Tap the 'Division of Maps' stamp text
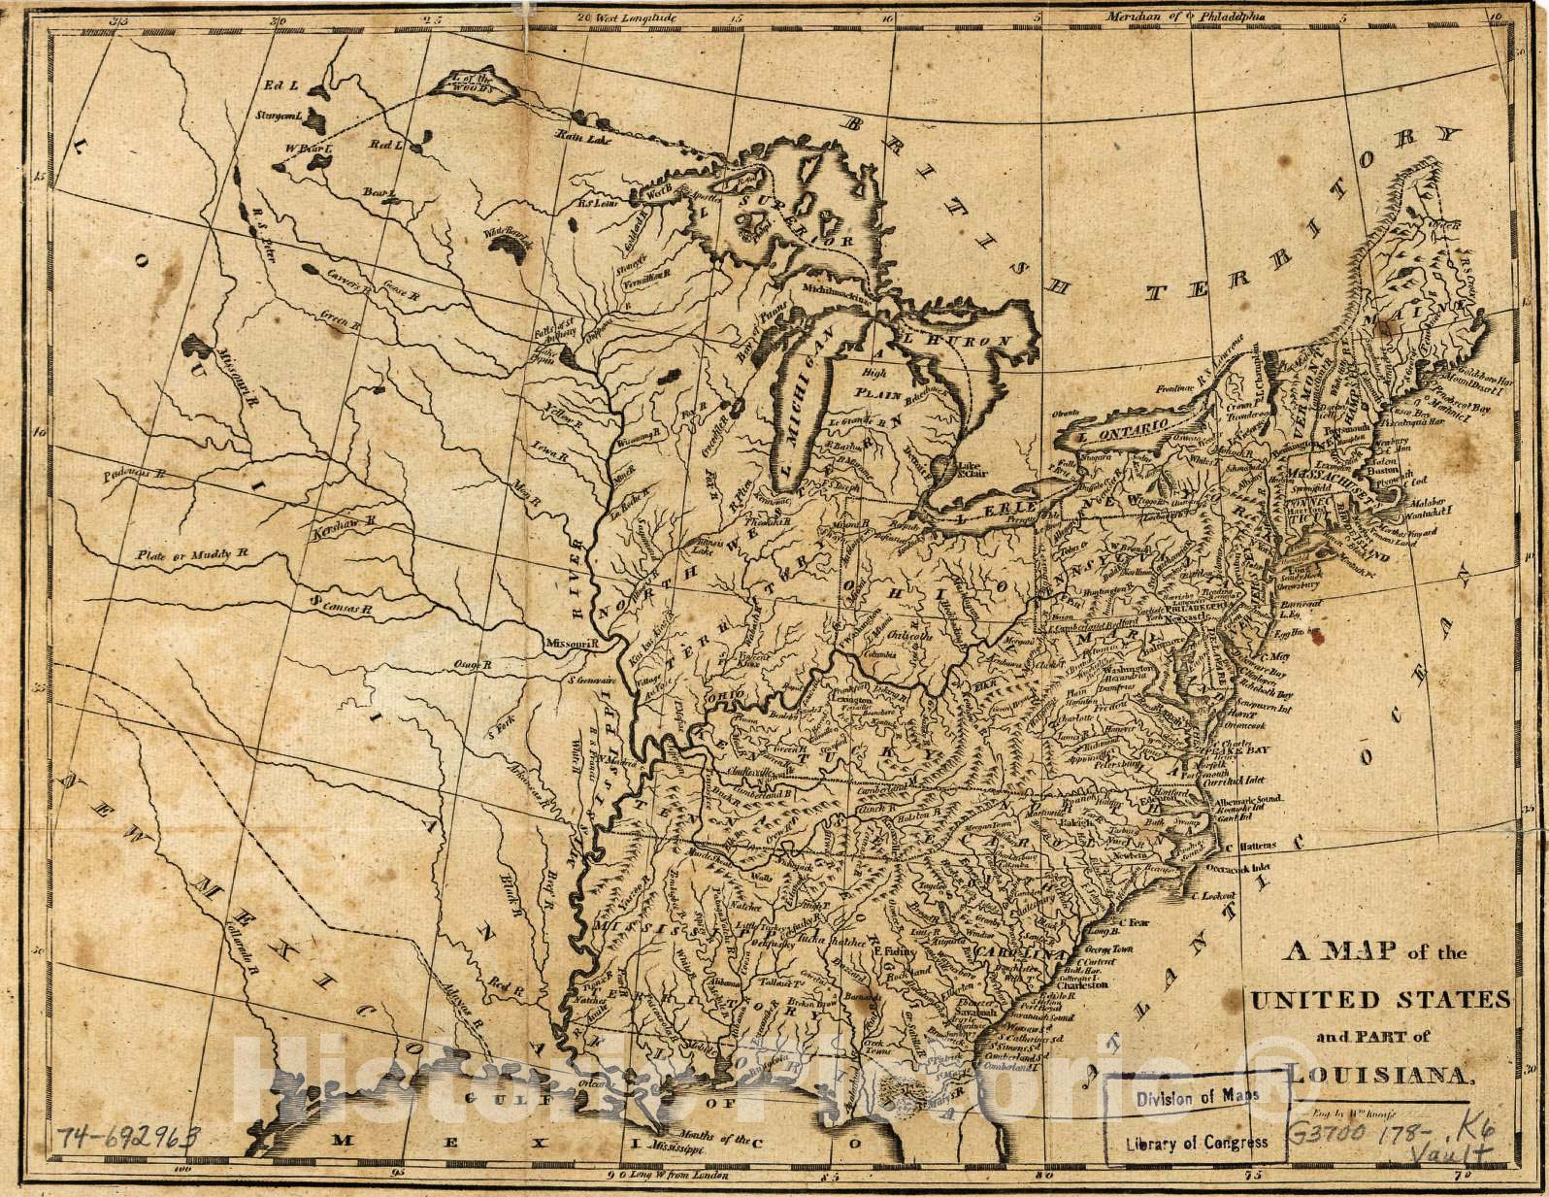pos(1198,1095)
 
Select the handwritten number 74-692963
pos(126,1137)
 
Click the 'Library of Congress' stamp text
pos(1197,1142)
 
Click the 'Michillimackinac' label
pos(838,289)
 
